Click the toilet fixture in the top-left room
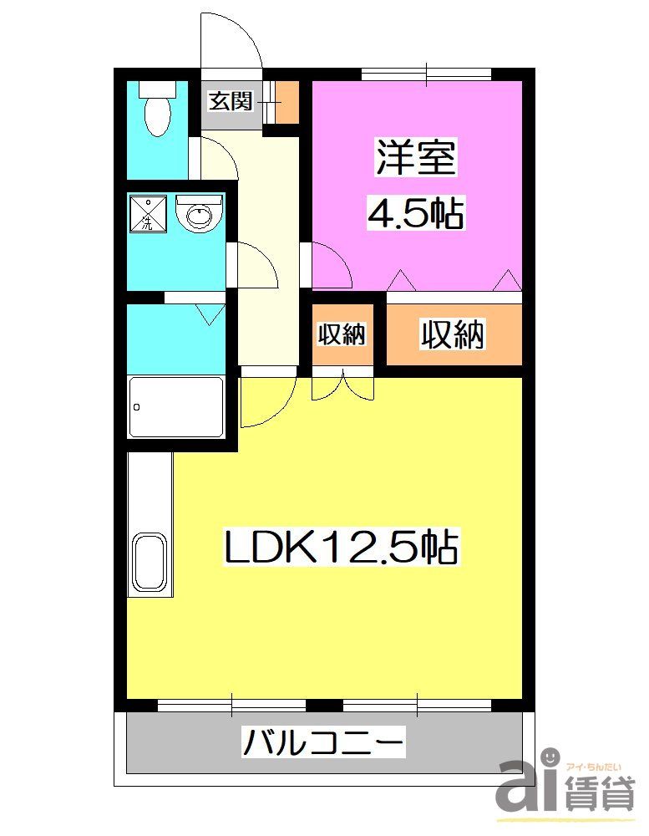pos(155,110)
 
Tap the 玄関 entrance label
pos(230,102)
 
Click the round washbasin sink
pos(200,215)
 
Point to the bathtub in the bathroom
pos(176,407)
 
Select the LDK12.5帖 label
pos(340,548)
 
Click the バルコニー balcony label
pos(324,742)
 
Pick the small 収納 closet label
pos(342,334)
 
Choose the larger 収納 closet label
pos(452,334)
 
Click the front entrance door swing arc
pos(232,39)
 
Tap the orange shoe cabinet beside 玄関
pos(286,102)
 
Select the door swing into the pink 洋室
pos(331,263)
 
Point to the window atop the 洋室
pos(427,74)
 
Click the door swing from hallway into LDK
pos(266,400)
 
